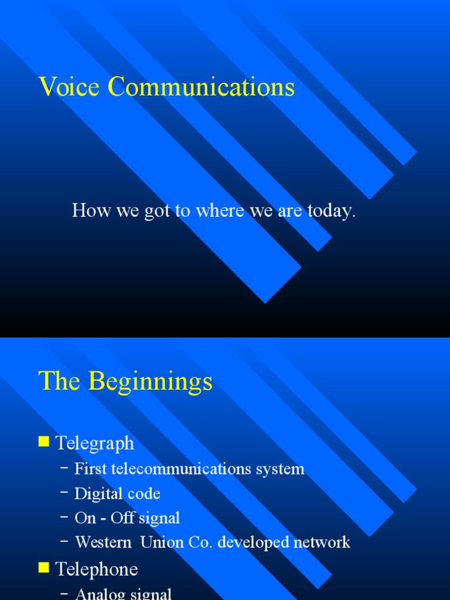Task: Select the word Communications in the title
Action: point(202,87)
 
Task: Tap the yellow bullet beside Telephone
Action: point(43,568)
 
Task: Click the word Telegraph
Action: point(95,444)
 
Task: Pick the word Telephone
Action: point(97,570)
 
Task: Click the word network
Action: point(323,543)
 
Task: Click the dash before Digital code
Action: point(64,492)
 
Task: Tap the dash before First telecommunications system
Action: point(64,468)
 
